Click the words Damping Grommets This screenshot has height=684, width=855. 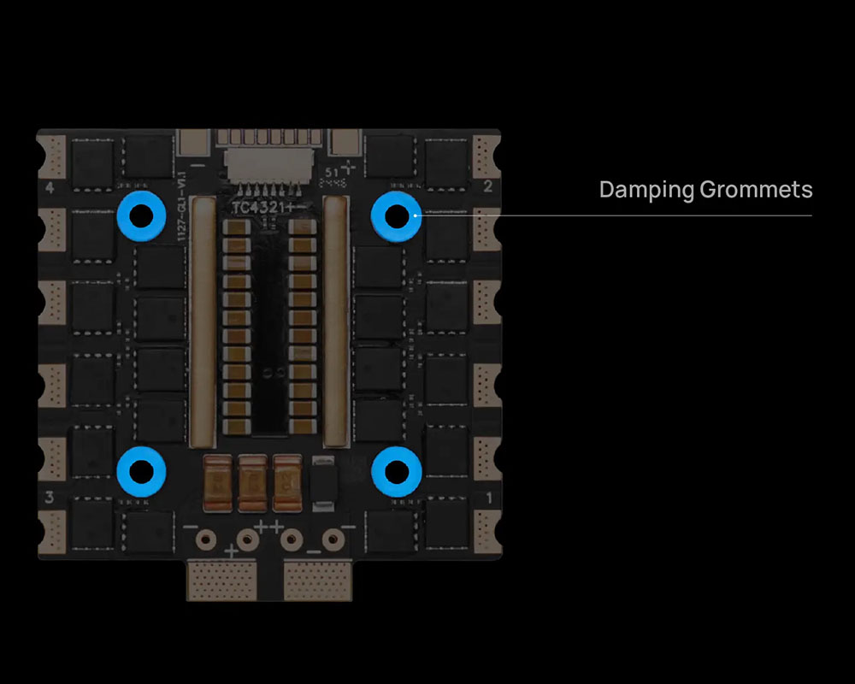point(705,189)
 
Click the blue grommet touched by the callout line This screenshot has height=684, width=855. point(396,215)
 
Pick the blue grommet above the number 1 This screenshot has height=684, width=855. point(396,469)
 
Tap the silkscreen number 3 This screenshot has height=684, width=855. point(50,497)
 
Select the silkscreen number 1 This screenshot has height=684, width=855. point(489,497)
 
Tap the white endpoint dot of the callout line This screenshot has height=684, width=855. point(416,215)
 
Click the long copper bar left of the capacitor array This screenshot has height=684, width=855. point(202,321)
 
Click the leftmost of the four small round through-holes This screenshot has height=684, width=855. point(205,540)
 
